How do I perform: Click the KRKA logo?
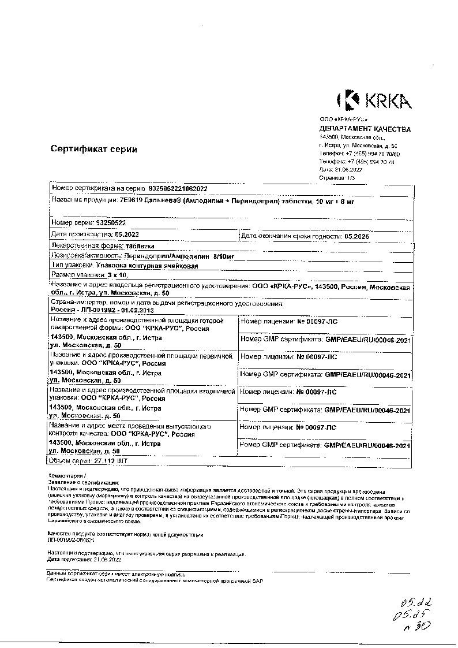[374, 100]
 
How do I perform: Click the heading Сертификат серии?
[93, 149]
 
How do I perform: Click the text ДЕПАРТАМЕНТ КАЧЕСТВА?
[365, 129]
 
